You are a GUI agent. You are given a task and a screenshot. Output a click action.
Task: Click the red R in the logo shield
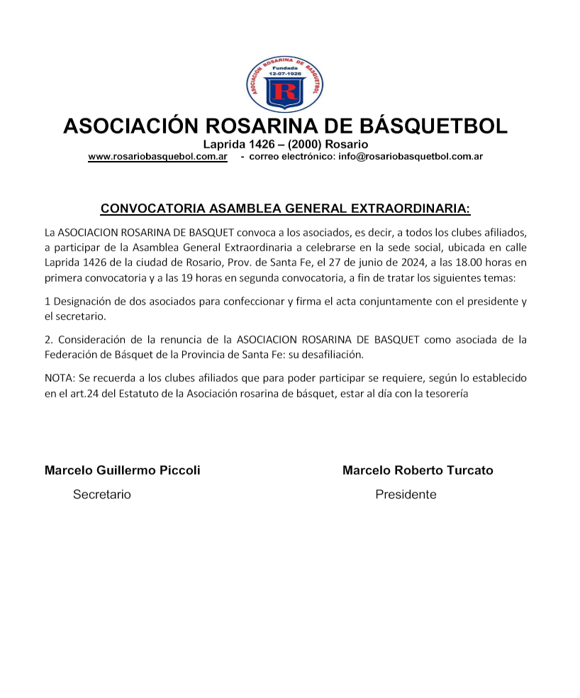coord(286,92)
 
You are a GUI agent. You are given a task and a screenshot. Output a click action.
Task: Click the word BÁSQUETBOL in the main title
coord(438,126)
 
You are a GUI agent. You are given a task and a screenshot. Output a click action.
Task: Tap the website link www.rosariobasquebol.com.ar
coord(157,156)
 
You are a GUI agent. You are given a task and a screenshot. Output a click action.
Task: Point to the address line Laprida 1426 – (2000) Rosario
coord(286,145)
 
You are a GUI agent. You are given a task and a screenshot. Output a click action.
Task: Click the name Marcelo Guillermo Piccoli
coord(122,470)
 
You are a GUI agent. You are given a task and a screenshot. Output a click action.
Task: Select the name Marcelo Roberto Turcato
coord(418,470)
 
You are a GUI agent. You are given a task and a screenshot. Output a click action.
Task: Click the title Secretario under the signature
coord(102,494)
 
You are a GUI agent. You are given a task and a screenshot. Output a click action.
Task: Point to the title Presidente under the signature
coord(406,494)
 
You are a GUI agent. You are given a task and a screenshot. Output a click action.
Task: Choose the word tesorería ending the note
coord(443,392)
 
